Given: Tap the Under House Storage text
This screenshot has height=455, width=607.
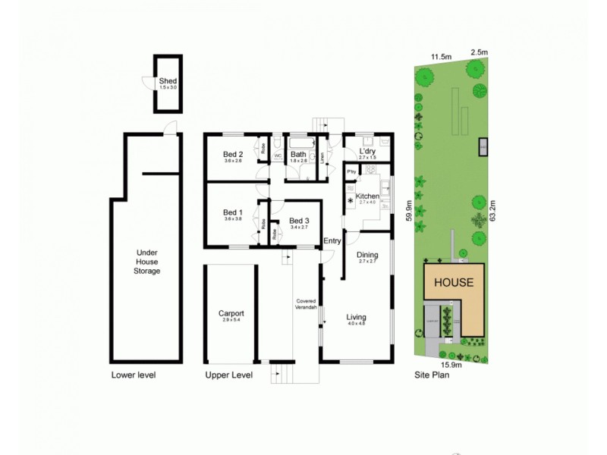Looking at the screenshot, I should coord(148,262).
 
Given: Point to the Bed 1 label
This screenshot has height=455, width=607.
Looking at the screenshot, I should coord(233,212).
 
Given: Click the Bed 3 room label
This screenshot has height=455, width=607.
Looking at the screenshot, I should coord(299,221).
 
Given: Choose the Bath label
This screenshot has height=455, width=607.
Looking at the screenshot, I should coord(298,155).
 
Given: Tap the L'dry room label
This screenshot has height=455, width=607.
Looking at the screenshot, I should coord(367,152).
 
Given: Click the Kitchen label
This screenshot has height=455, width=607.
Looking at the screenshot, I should coord(367,196).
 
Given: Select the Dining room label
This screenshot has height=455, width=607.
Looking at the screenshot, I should coord(367,256).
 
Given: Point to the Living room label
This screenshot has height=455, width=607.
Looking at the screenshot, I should coord(357,317).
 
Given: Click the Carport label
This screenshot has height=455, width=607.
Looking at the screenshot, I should coord(231,313).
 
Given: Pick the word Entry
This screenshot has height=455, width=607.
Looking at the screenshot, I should coord(332,241).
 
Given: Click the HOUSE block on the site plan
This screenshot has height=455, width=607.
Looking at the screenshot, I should coord(454,283).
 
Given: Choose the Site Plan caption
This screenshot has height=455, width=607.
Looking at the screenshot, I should coord(432,375).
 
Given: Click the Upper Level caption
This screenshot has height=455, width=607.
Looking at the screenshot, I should coord(228,375).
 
